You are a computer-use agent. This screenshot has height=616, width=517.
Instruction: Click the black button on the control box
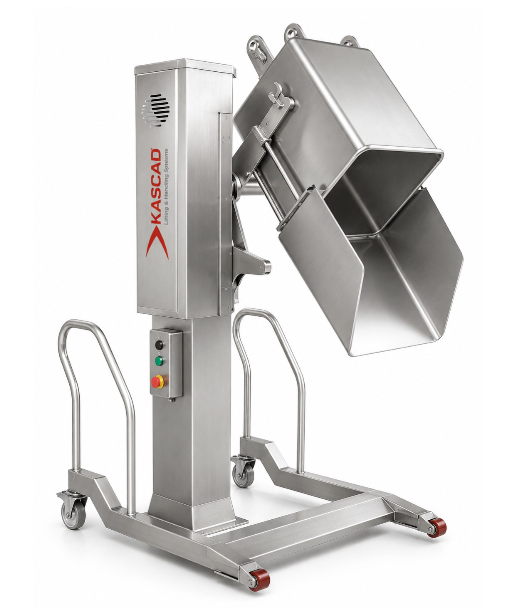(x=159, y=345)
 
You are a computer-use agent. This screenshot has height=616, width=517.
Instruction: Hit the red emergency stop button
(x=157, y=382)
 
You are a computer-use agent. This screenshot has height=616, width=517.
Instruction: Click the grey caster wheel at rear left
(x=73, y=513)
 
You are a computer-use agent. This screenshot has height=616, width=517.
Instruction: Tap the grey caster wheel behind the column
(x=243, y=476)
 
